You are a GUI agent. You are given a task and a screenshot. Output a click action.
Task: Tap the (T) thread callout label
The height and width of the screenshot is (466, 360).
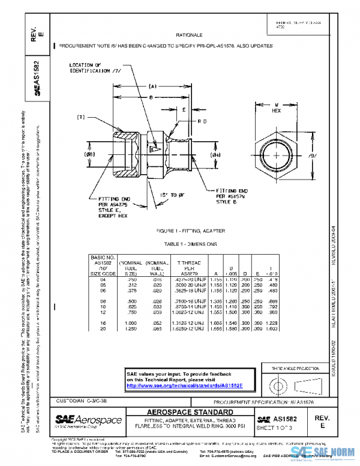(x=81, y=117)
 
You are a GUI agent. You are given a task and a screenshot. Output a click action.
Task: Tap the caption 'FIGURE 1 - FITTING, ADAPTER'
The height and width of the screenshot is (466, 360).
(x=190, y=231)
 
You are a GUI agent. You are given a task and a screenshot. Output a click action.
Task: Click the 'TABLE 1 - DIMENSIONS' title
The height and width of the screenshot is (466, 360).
(x=190, y=244)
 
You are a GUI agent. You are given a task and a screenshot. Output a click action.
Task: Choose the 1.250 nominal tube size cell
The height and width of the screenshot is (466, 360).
(x=131, y=328)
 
